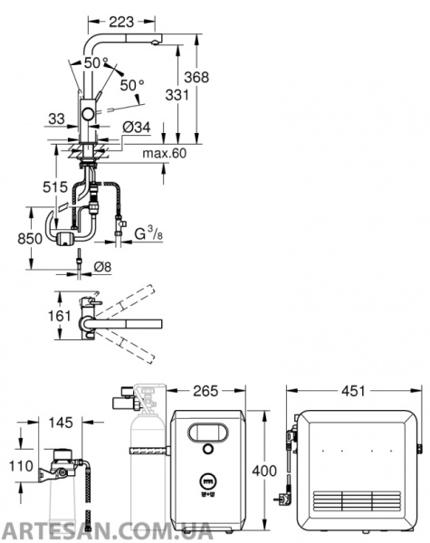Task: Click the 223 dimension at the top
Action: tap(121, 22)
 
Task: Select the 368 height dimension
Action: tap(196, 77)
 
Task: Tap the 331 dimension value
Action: tap(177, 94)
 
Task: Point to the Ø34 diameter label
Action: tap(137, 127)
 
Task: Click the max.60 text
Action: tap(165, 153)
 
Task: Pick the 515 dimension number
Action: tap(55, 187)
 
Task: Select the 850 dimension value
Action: tap(30, 239)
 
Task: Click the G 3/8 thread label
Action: tap(148, 233)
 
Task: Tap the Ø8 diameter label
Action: tap(102, 267)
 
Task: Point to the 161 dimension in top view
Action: tap(59, 316)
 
